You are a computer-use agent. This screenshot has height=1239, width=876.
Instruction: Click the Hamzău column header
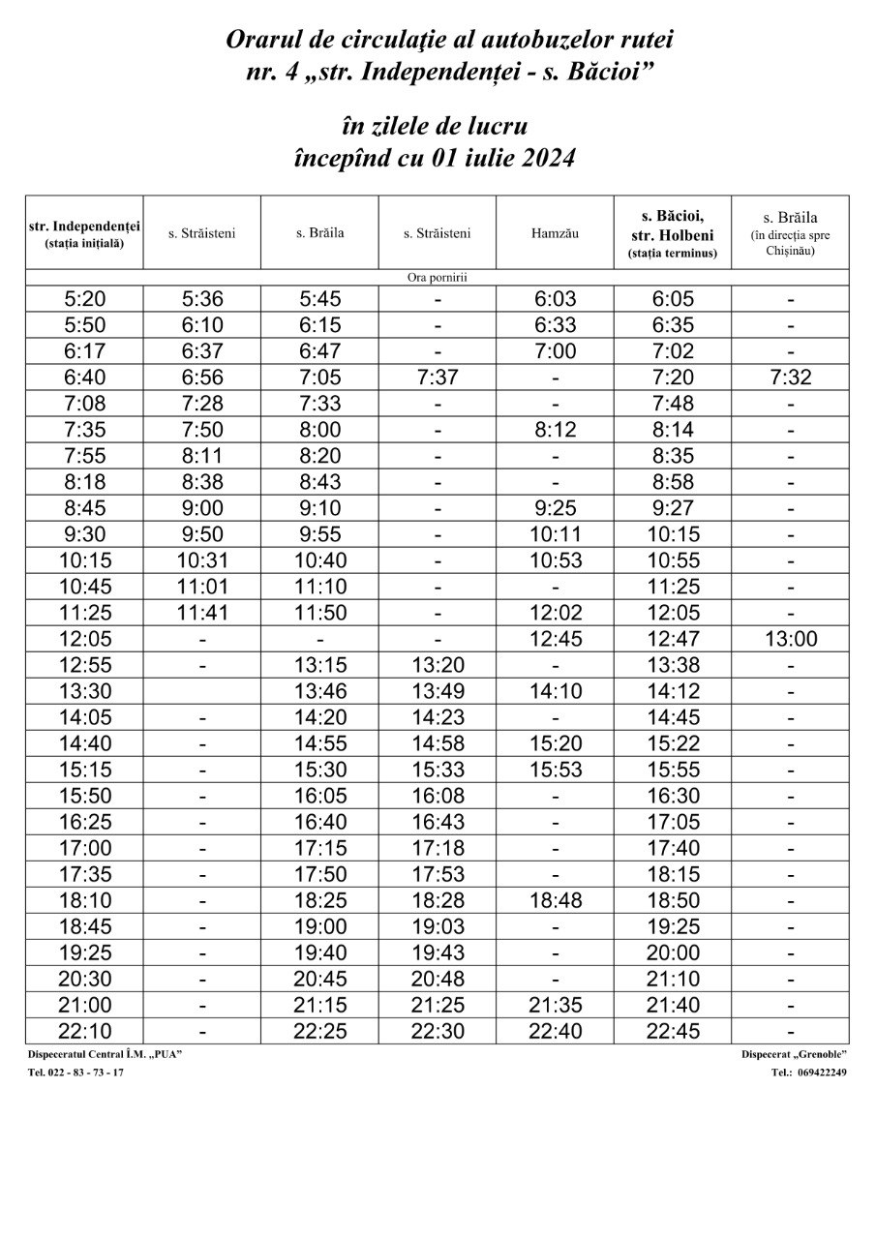(555, 232)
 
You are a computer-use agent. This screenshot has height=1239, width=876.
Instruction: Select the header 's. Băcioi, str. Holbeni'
(672, 232)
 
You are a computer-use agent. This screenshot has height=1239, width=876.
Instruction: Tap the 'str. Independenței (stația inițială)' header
(84, 233)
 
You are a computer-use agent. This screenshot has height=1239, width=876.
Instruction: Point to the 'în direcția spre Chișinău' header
(790, 242)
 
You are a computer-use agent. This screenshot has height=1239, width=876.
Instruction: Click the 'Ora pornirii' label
(437, 277)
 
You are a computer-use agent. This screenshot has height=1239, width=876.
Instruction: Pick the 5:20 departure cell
(84, 299)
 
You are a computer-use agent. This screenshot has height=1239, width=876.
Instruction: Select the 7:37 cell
(437, 378)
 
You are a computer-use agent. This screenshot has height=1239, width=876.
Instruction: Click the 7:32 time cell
(790, 378)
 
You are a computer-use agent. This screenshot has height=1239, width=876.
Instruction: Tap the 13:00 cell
(790, 639)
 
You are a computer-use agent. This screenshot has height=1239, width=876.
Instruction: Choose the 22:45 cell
(672, 1031)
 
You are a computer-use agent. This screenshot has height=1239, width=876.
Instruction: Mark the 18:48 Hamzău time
(555, 900)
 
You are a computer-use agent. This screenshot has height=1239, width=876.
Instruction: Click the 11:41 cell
(201, 613)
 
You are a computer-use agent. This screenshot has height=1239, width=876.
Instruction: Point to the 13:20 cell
(437, 665)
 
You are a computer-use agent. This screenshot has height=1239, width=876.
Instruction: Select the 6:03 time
(555, 299)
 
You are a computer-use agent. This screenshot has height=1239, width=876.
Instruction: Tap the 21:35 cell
(555, 1005)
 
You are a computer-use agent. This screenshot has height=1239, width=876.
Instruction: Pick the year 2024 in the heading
(545, 159)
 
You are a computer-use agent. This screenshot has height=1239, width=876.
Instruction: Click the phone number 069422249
(821, 1073)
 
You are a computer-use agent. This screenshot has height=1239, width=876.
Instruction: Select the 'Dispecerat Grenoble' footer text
(794, 1054)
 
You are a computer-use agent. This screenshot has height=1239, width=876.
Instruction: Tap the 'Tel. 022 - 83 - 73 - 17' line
(76, 1073)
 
